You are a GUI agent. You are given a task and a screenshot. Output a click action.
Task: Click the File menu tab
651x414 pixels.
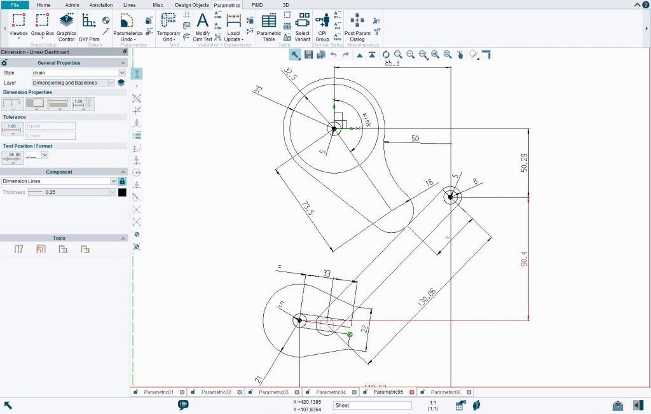[x=15, y=4]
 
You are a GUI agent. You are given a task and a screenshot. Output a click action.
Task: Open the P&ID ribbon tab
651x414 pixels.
[x=257, y=4]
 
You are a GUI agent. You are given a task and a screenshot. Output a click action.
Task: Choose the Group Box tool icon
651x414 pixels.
[x=43, y=25]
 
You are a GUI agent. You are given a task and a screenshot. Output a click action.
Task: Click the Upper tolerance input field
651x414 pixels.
[x=50, y=126]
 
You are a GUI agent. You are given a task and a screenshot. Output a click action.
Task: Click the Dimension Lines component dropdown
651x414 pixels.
[x=57, y=181]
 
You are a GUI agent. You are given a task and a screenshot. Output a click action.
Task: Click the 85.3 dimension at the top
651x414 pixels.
[x=392, y=64]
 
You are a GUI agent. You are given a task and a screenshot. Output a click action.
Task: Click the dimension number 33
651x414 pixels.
[x=327, y=273]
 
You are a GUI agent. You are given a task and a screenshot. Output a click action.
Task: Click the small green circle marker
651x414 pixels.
[x=350, y=333]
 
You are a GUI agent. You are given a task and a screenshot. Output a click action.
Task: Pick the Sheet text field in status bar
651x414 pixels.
[x=372, y=405]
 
